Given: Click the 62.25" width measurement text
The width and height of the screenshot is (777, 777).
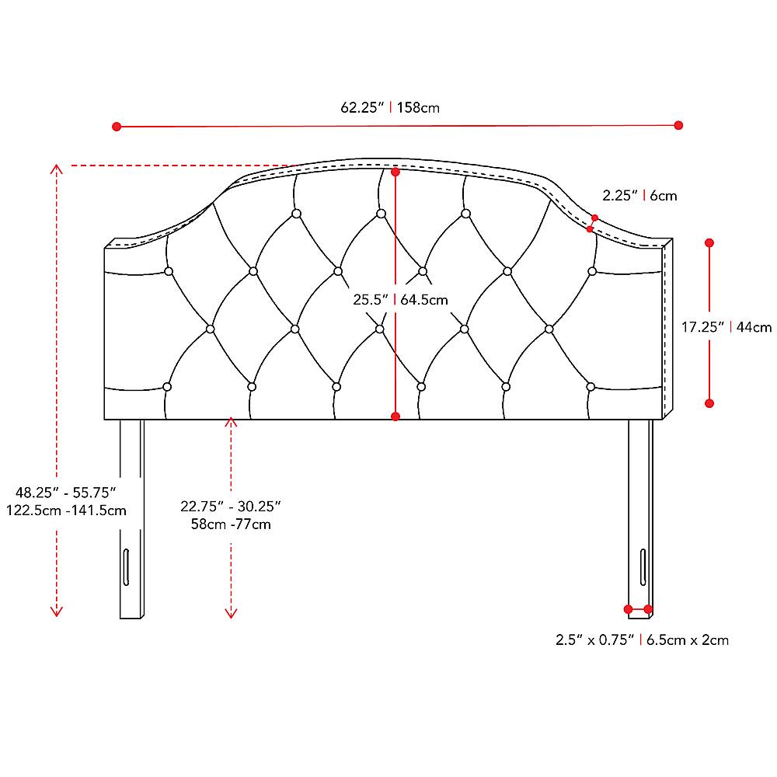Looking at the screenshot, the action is tap(362, 107).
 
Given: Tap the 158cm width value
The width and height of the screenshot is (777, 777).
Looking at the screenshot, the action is tap(418, 107).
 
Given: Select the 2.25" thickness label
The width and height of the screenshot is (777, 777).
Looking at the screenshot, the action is tap(620, 196).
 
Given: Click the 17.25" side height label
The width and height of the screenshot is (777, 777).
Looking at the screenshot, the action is tap(702, 327).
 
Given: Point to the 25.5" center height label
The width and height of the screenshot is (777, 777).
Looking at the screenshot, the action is tap(371, 300).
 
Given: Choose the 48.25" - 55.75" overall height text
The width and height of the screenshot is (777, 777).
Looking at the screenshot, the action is tap(66, 493).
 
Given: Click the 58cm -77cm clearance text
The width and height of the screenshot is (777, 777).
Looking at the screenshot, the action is tap(231, 524).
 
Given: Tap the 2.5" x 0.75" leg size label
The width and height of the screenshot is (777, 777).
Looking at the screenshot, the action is tap(594, 640).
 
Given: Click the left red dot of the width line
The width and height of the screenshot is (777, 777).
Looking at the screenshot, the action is tap(117, 127).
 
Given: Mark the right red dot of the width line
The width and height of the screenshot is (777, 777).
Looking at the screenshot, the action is tap(678, 125).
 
